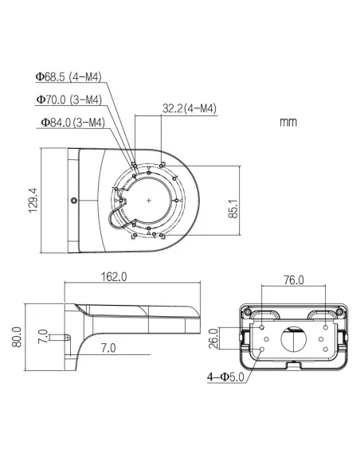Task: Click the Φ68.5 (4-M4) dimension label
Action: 68,77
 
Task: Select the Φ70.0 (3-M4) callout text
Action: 68,100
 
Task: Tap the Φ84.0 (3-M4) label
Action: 72,123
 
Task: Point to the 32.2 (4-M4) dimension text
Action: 190,109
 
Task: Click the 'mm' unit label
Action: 288,123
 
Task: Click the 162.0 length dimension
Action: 114,277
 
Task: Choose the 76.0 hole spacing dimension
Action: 293,279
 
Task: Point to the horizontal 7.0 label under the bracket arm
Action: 109,348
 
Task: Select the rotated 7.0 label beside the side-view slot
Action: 44,337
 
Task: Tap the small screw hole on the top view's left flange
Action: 74,200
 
